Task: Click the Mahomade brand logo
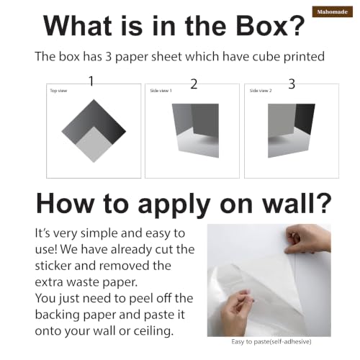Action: click(x=333, y=12)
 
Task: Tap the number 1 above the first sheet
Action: click(x=91, y=81)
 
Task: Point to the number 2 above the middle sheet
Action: click(x=194, y=84)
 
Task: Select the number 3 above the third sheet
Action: click(x=292, y=84)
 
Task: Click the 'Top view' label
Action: click(x=58, y=91)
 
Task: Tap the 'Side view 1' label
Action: click(x=161, y=91)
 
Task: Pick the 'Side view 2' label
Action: click(x=261, y=91)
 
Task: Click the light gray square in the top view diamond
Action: click(x=94, y=145)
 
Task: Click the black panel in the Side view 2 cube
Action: click(x=305, y=119)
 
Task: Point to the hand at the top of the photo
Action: click(x=308, y=240)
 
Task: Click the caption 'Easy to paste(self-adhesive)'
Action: click(x=271, y=341)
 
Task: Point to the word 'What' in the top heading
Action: click(x=78, y=26)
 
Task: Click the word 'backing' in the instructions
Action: click(x=58, y=315)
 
